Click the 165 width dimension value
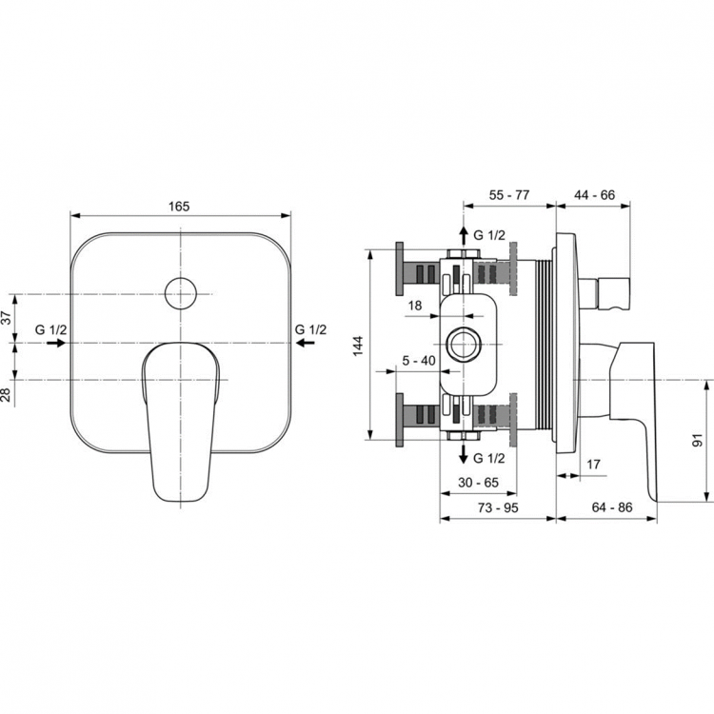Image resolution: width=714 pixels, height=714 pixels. pyautogui.click(x=181, y=206)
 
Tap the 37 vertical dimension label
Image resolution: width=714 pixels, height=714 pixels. pyautogui.click(x=8, y=319)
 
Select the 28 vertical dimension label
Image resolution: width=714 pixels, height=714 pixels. pyautogui.click(x=8, y=393)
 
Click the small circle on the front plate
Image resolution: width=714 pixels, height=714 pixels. pyautogui.click(x=179, y=293)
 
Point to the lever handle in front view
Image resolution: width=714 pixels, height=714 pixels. pyautogui.click(x=181, y=419)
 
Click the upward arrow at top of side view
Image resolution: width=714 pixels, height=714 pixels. pyautogui.click(x=463, y=234)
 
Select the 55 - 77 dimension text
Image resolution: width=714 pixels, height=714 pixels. pyautogui.click(x=509, y=195)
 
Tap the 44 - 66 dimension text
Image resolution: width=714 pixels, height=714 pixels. pyautogui.click(x=594, y=195)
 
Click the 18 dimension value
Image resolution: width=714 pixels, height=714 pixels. pyautogui.click(x=415, y=306)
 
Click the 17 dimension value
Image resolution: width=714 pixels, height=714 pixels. pyautogui.click(x=594, y=465)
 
